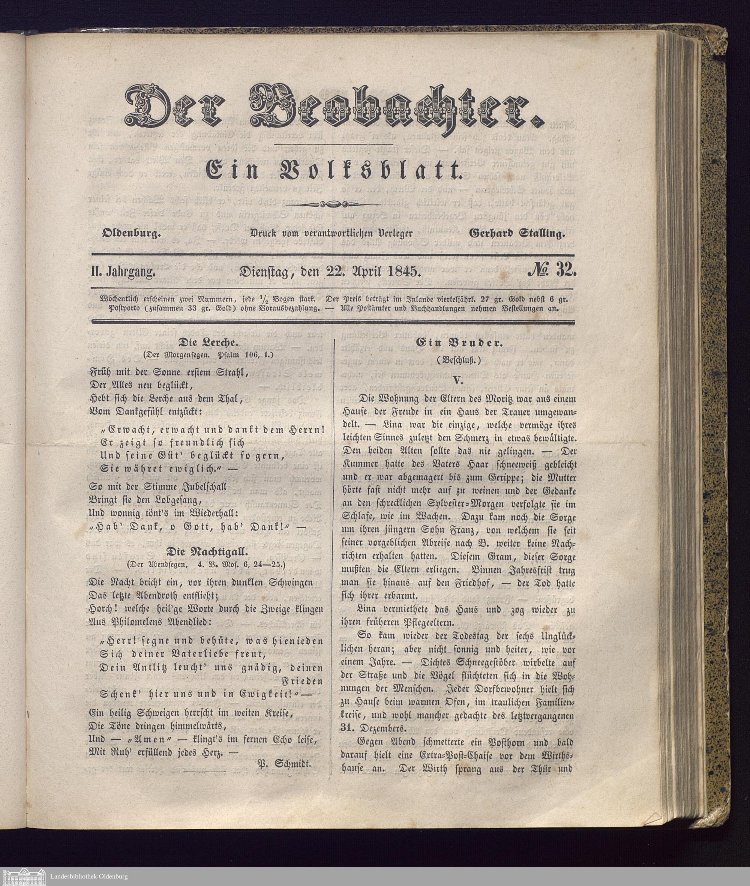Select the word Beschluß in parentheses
[458, 360]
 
